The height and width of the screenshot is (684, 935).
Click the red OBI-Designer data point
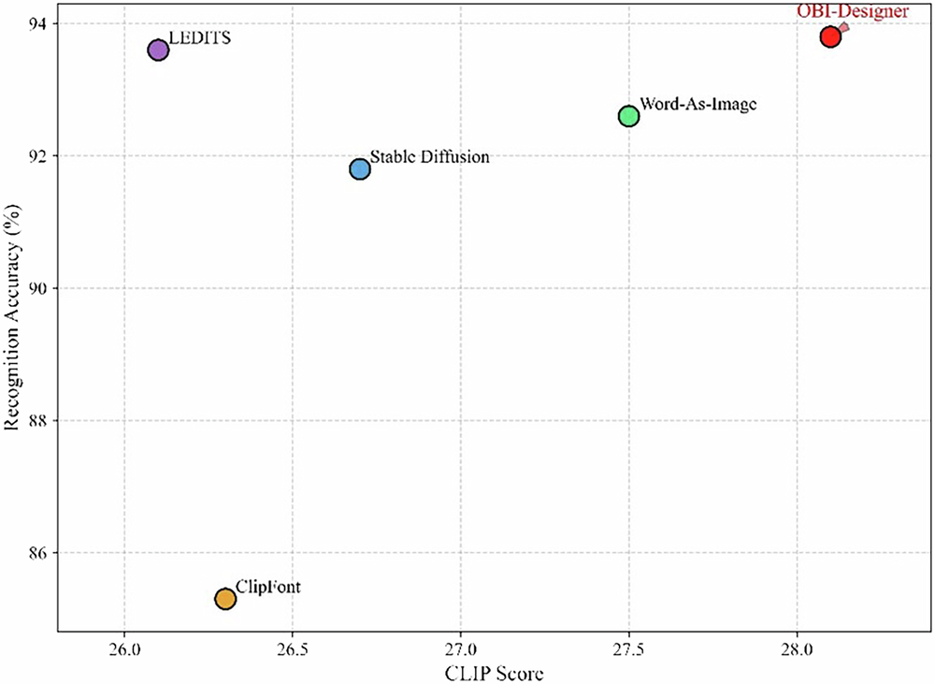[830, 37]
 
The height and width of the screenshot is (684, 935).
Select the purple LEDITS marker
[158, 51]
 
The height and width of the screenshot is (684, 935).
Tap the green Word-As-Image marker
[628, 116]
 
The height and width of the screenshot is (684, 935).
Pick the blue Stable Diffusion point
[360, 169]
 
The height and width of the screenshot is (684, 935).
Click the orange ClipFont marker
[225, 599]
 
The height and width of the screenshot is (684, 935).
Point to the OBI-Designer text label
[853, 11]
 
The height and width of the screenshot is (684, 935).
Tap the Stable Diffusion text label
[429, 157]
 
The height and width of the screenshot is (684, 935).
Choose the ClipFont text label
[268, 587]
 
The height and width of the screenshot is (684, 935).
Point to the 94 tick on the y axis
[40, 22]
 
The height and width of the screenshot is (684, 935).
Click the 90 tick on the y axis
[40, 288]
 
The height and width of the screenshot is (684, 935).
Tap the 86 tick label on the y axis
[40, 553]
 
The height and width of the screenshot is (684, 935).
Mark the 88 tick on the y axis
[40, 421]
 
